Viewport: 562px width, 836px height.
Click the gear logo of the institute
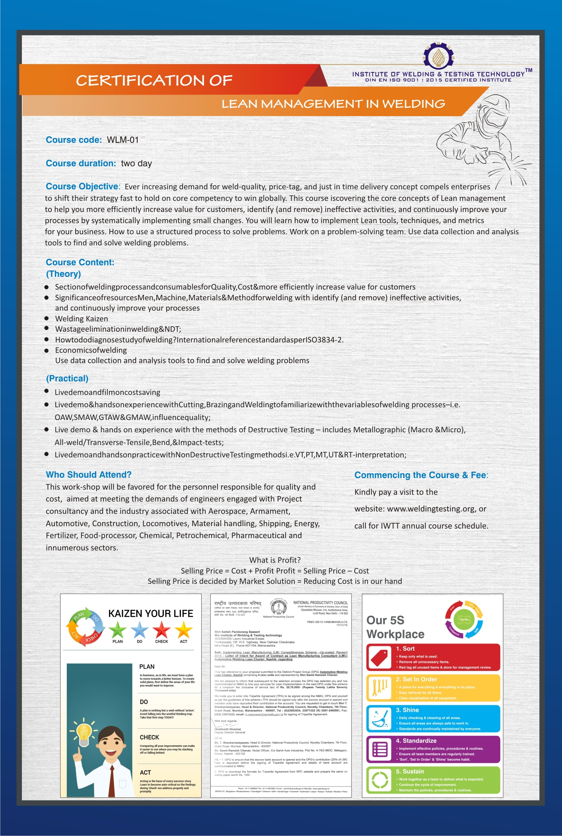(x=438, y=56)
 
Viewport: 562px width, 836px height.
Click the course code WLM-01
(x=123, y=140)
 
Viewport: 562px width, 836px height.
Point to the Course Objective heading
(x=82, y=187)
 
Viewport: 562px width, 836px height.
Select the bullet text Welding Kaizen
(x=82, y=319)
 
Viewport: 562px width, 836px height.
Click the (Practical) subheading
(x=67, y=379)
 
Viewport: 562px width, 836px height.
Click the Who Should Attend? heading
(x=88, y=474)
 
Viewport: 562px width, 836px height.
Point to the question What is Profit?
(x=275, y=560)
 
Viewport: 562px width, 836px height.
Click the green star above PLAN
(x=118, y=630)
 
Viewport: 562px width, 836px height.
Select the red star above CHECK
(x=161, y=630)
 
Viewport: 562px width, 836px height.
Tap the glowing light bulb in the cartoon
(x=84, y=732)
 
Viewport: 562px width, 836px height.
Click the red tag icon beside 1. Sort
(x=379, y=657)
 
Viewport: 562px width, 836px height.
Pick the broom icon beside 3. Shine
(x=379, y=719)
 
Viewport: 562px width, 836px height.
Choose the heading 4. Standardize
(x=416, y=741)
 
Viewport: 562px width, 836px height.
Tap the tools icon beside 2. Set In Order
(x=379, y=688)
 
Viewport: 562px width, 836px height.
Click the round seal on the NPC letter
(x=279, y=607)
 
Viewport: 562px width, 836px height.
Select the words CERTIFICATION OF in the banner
(x=154, y=81)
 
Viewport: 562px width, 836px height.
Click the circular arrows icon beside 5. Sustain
(x=379, y=780)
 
